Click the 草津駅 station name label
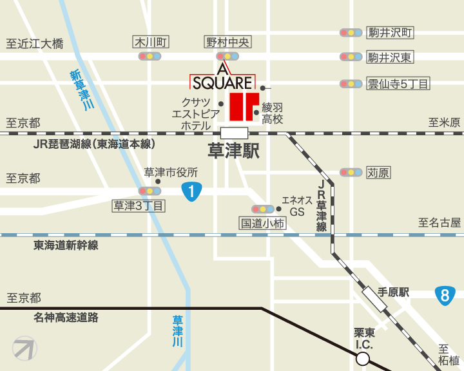click(x=233, y=152)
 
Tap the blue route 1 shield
click(x=192, y=191)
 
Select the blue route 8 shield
click(x=443, y=296)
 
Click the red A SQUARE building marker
click(x=244, y=106)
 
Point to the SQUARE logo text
click(x=222, y=82)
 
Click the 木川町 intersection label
click(x=150, y=43)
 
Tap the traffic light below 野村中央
click(x=228, y=57)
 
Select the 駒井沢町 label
click(x=389, y=32)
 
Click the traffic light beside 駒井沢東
click(x=351, y=57)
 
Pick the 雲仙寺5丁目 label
click(x=397, y=84)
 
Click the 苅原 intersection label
click(x=378, y=173)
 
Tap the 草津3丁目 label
click(x=139, y=205)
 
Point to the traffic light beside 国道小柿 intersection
click(x=262, y=209)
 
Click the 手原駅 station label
click(x=393, y=292)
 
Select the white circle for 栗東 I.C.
click(x=363, y=359)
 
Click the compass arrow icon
click(x=24, y=348)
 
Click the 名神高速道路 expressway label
click(x=66, y=317)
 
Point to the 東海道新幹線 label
click(x=66, y=245)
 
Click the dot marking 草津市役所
click(x=158, y=182)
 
